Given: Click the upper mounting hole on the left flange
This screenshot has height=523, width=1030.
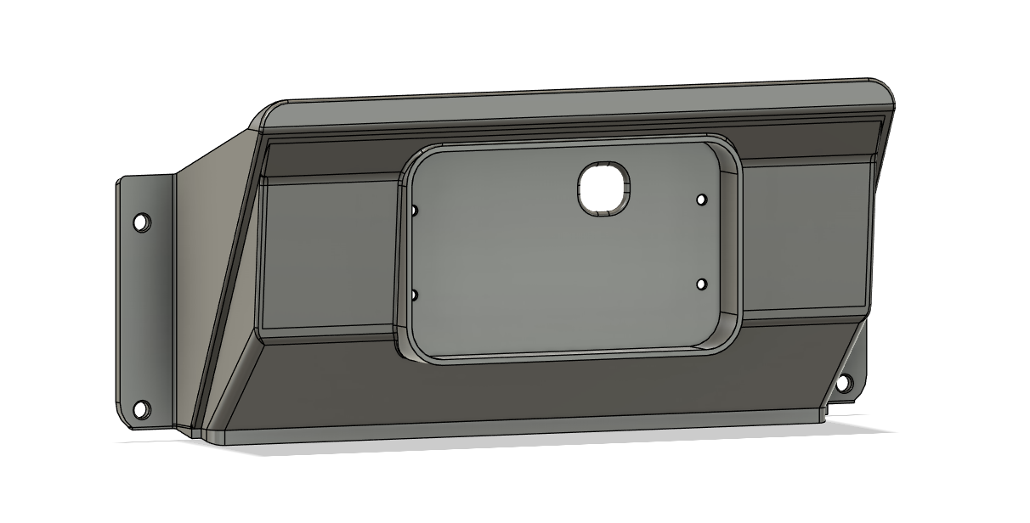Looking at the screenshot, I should [x=141, y=222].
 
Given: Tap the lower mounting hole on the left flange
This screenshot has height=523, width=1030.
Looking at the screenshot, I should [x=141, y=409].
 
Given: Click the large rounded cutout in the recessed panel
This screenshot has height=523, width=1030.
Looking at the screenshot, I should [x=605, y=187].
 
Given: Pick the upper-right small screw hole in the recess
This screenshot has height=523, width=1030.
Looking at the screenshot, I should [x=701, y=200].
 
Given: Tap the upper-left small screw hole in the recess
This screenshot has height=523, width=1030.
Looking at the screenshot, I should [x=415, y=210].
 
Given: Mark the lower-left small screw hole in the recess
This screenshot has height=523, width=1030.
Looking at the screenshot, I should [x=414, y=295].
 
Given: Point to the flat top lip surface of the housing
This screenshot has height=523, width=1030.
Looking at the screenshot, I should [x=578, y=105].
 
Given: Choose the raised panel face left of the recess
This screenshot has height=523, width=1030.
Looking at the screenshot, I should [x=327, y=255].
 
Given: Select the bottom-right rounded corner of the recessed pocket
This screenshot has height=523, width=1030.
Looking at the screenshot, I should [x=722, y=340].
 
